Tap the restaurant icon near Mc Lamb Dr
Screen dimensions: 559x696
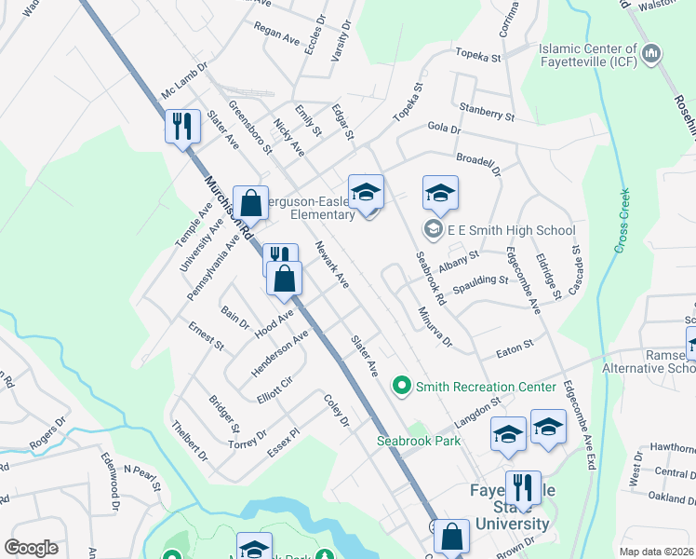pyautogui.click(x=182, y=126)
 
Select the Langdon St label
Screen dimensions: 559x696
pyautogui.click(x=477, y=406)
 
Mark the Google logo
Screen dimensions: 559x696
pyautogui.click(x=32, y=548)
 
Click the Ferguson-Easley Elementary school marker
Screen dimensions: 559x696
pyautogui.click(x=366, y=193)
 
